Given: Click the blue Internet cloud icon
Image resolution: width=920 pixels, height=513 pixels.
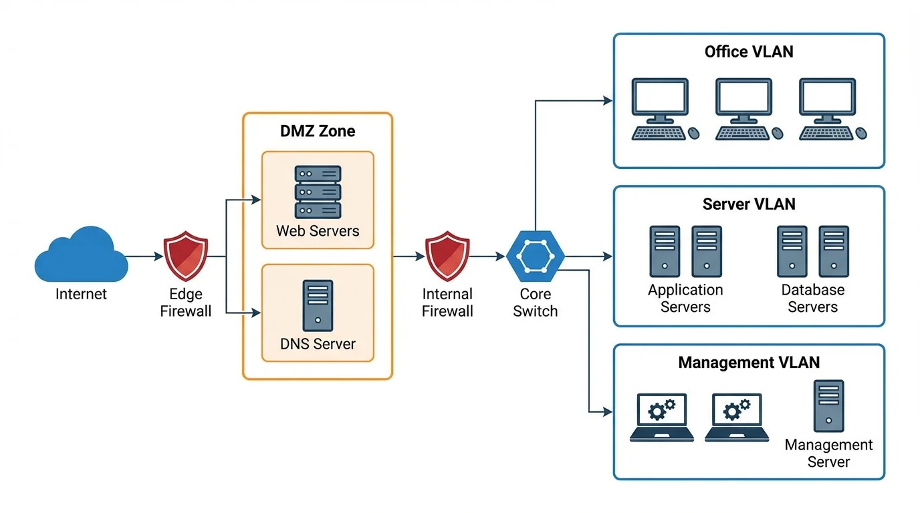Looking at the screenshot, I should [x=81, y=255].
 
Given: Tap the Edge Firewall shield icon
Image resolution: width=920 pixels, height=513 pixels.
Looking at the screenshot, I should [x=186, y=256].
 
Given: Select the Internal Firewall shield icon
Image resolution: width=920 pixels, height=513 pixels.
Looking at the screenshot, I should [x=447, y=256].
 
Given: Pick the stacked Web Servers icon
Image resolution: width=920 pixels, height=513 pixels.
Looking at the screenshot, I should [x=318, y=192].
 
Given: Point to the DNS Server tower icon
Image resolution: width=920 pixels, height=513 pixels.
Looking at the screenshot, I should [x=318, y=305].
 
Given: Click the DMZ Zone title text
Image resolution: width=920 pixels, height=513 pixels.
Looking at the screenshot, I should [x=318, y=131].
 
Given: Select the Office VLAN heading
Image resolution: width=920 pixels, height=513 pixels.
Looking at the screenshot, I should [x=749, y=51].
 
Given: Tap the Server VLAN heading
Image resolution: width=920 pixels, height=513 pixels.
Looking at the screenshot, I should [x=749, y=204].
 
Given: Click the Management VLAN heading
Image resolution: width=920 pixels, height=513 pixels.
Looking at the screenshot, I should [x=749, y=363].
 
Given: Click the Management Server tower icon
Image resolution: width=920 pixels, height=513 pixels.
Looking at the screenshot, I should [x=828, y=406].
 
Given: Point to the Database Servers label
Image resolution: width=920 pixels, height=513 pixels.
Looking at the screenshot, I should [x=812, y=299].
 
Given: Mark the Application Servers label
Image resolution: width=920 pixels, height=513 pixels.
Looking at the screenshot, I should [x=685, y=299].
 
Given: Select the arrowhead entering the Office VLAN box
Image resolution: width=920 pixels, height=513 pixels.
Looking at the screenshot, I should [x=608, y=101].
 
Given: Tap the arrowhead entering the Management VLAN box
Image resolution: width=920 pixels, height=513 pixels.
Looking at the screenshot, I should [x=608, y=412].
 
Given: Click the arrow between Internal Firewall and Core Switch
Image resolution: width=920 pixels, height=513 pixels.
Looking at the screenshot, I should [x=488, y=256].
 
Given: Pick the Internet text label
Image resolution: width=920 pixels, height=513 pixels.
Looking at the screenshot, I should [x=81, y=294].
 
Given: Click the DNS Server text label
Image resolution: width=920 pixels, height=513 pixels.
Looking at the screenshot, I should [x=318, y=344].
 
